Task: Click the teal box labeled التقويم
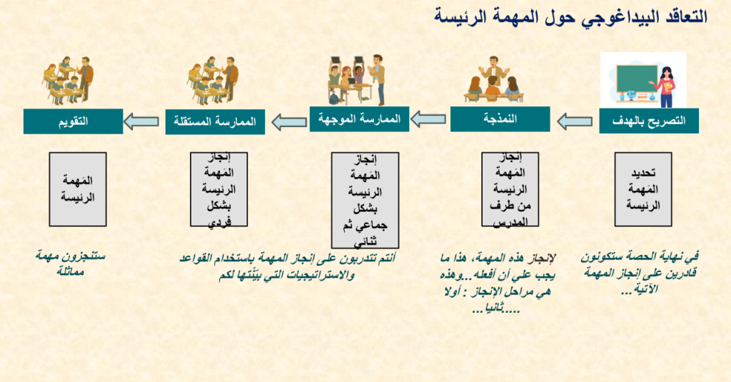[x=74, y=121]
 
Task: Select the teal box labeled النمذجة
[x=500, y=119]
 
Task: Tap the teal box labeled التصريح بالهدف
[x=649, y=121]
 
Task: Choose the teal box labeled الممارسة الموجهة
[x=360, y=119]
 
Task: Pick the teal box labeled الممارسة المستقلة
[x=215, y=121]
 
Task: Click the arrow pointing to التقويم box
[x=141, y=121]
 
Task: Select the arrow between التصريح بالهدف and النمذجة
[x=575, y=121]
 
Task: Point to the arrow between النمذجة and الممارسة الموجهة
[x=428, y=119]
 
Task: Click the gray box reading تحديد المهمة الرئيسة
[x=643, y=189]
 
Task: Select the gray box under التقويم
[x=78, y=189]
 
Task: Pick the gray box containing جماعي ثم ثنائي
[x=365, y=200]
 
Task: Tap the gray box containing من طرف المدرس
[x=510, y=189]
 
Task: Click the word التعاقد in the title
[x=685, y=17]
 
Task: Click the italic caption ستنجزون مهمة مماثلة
[x=71, y=263]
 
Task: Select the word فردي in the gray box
[x=219, y=222]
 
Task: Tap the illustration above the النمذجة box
[x=494, y=79]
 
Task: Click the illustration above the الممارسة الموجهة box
[x=357, y=80]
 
